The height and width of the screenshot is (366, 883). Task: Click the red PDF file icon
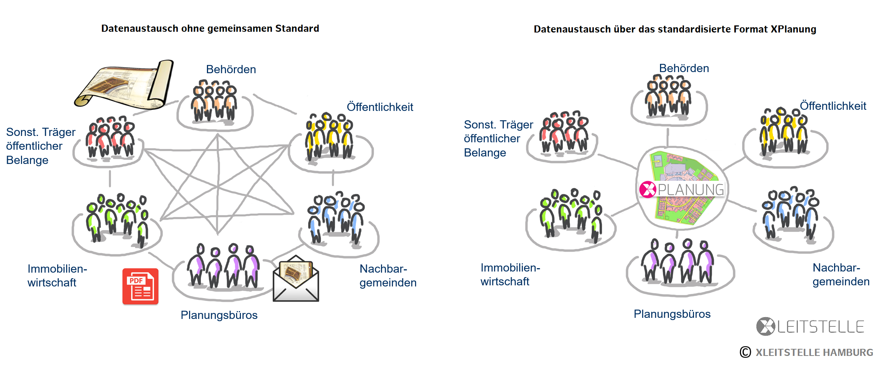pos(140,286)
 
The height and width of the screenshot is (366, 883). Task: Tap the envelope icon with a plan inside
pos(296,279)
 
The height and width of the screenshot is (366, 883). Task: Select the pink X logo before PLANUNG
pos(647,189)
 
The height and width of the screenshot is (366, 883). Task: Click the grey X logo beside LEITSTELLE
pos(765,326)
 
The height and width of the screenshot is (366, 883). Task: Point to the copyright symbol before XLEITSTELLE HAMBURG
pos(745,352)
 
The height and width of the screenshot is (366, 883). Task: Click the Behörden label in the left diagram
pos(231,69)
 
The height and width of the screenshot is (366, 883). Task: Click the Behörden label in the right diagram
pos(684,68)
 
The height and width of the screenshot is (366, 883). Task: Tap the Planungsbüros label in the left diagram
pos(219,315)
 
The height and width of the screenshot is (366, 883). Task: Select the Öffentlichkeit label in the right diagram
pos(833,106)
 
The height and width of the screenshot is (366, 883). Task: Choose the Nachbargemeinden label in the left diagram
pos(388,276)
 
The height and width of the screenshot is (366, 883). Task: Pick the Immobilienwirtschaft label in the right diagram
pos(510,274)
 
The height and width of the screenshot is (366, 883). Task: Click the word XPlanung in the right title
pos(793,29)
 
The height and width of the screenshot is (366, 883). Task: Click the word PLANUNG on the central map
pos(691,190)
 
